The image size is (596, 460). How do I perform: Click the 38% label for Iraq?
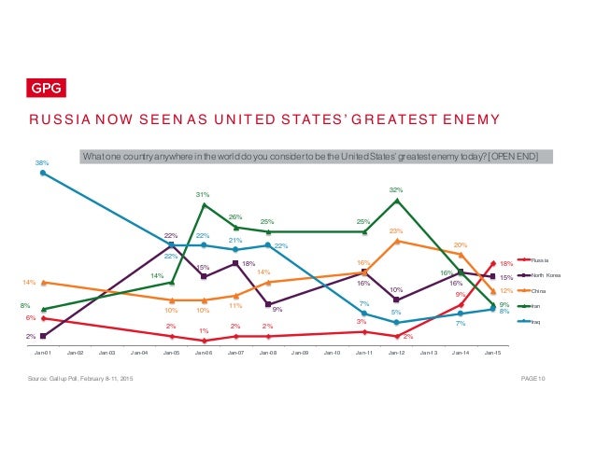42,162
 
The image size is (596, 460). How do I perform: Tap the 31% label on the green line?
202,194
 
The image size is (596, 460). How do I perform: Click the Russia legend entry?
540,260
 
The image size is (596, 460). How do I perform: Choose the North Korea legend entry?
545,275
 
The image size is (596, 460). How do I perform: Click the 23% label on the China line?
396,230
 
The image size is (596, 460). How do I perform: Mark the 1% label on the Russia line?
202,330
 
